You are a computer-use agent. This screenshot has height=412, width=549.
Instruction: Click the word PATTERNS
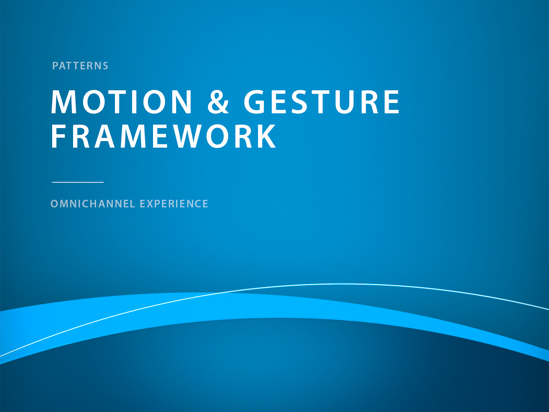click(x=80, y=66)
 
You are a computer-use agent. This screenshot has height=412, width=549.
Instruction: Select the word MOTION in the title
click(x=121, y=101)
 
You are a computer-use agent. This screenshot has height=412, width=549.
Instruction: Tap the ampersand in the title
click(x=218, y=101)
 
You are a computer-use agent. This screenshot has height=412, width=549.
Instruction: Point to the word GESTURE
click(x=322, y=101)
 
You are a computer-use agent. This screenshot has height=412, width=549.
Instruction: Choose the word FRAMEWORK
click(x=164, y=136)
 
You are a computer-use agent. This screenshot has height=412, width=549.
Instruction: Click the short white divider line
click(x=78, y=182)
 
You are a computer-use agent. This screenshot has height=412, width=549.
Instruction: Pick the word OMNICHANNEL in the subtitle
click(x=93, y=204)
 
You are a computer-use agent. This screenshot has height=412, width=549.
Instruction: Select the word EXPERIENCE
click(x=174, y=204)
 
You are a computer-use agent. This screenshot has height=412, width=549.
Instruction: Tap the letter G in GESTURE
click(x=254, y=101)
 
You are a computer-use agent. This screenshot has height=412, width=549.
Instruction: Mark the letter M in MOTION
click(x=64, y=101)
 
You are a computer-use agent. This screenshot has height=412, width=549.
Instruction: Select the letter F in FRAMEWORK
click(x=58, y=136)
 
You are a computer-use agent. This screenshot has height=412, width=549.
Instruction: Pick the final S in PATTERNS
click(x=105, y=66)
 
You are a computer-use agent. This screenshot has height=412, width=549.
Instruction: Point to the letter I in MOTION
click(x=134, y=101)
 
